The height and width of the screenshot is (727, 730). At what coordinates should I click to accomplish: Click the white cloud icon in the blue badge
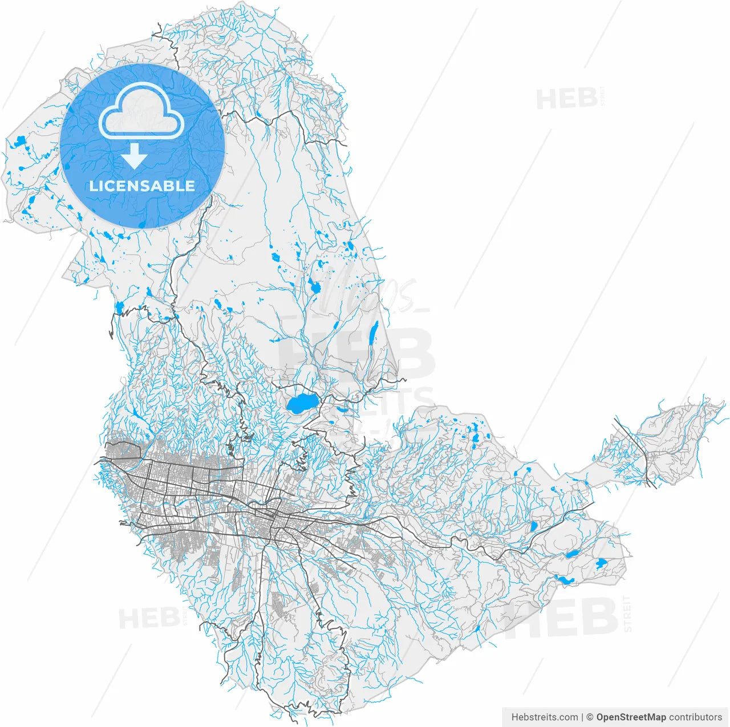(x=141, y=111)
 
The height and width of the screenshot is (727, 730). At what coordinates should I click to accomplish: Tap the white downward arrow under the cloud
(x=135, y=156)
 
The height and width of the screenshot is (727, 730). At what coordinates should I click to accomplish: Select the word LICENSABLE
(x=142, y=186)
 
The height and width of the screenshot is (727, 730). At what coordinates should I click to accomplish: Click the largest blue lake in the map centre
(x=301, y=404)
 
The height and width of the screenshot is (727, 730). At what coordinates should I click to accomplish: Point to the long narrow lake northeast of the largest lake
(x=374, y=333)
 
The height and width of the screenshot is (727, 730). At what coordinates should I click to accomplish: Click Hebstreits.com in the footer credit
(x=544, y=717)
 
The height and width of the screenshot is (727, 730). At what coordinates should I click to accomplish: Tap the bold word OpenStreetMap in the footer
(x=631, y=717)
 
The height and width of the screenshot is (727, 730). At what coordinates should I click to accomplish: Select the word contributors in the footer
(x=696, y=717)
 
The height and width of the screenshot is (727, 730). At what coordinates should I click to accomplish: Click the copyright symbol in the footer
(x=590, y=717)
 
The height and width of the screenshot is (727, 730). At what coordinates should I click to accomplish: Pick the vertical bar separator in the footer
(x=582, y=717)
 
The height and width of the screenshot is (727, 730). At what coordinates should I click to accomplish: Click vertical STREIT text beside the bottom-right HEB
(x=627, y=614)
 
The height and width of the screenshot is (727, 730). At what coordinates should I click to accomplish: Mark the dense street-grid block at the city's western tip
(x=123, y=450)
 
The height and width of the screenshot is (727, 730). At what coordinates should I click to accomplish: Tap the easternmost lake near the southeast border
(x=600, y=564)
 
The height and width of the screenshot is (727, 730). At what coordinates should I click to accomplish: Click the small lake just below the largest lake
(x=342, y=409)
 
